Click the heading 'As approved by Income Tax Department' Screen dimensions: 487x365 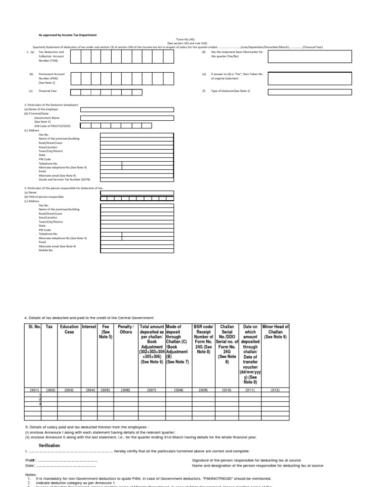click(x=67, y=35)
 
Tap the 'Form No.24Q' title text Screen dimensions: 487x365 click(x=183, y=39)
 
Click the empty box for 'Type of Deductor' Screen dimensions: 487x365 click(x=310, y=90)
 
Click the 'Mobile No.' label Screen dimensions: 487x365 click(x=46, y=250)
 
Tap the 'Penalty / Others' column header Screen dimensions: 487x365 click(x=126, y=330)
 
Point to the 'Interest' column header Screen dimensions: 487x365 click(x=89, y=327)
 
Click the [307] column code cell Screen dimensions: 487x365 click(x=152, y=390)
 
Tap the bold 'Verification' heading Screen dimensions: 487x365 click(x=49, y=445)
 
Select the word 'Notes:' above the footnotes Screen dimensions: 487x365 click(x=30, y=475)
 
